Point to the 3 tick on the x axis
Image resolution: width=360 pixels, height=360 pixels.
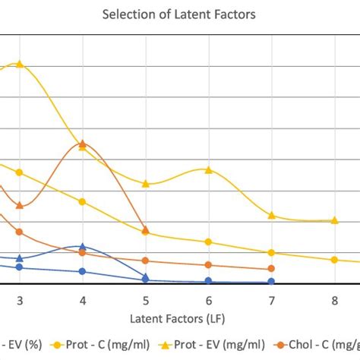point(20,299)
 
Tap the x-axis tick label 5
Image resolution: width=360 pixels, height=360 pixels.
point(145,299)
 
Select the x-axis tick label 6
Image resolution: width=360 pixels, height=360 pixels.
point(208,299)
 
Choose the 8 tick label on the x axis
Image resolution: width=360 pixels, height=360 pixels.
point(334,299)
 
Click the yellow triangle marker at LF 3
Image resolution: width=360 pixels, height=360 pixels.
point(20,64)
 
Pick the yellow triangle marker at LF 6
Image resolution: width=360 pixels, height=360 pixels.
point(208,169)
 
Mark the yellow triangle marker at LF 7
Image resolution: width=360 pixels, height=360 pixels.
point(271,216)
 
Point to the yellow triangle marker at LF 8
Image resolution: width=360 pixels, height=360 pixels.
point(334,220)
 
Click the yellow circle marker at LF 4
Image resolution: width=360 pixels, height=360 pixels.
point(83,201)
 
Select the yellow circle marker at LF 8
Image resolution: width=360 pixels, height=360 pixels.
point(334,260)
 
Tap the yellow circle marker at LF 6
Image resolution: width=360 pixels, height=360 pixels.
point(208,242)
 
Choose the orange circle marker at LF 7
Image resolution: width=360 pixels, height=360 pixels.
point(271,269)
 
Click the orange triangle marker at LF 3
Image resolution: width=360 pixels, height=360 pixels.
point(20,205)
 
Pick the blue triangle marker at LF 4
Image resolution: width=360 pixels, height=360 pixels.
point(83,247)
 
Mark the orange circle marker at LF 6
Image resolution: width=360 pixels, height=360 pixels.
point(208,265)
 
